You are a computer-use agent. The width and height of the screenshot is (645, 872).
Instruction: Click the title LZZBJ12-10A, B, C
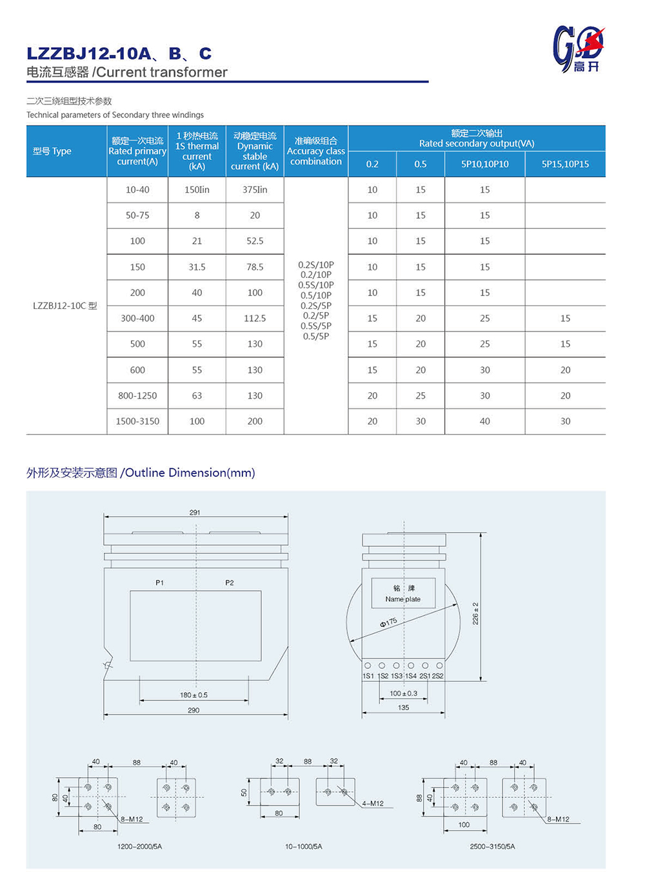tap(119, 54)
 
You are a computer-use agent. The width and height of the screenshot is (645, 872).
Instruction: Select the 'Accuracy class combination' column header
tap(315, 151)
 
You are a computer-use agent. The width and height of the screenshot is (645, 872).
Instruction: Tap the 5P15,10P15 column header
tap(565, 164)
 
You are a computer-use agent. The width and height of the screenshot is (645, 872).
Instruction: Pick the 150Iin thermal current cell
tap(197, 190)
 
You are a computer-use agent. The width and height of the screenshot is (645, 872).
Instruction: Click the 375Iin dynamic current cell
tap(255, 190)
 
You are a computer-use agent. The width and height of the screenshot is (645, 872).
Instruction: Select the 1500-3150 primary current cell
tap(137, 421)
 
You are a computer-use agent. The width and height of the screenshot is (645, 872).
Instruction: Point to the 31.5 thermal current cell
tap(197, 267)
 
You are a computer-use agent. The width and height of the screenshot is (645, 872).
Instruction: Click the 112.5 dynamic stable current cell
tap(255, 318)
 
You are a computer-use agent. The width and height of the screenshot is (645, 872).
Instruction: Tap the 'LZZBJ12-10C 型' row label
tap(65, 306)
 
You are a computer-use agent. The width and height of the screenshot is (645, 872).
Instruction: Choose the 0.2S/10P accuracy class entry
tap(316, 264)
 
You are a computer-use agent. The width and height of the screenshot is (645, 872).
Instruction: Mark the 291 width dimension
tap(195, 513)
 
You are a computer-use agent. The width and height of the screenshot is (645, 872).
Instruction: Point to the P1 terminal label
tap(159, 582)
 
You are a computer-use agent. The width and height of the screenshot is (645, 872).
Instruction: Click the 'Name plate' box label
tap(403, 599)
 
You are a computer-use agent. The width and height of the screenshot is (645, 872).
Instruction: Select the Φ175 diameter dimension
tap(388, 622)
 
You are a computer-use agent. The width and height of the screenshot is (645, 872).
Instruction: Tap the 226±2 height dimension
tap(476, 613)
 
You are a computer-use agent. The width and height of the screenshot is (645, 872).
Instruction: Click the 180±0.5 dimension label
tap(193, 695)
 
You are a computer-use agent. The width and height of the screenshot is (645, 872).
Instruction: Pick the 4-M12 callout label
tap(373, 804)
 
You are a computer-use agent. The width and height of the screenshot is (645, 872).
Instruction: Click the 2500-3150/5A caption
tap(493, 846)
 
